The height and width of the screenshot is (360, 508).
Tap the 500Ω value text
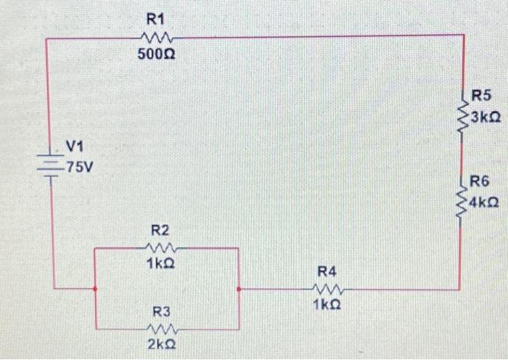click(x=155, y=54)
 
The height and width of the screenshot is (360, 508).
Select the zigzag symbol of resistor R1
click(x=155, y=36)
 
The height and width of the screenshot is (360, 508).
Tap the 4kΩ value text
click(x=483, y=202)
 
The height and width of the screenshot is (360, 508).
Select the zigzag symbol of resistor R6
click(x=462, y=197)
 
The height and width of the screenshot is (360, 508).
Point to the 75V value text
click(x=78, y=168)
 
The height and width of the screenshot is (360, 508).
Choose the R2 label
click(x=160, y=230)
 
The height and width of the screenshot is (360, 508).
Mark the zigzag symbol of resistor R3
click(x=160, y=327)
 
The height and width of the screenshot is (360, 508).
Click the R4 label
click(x=327, y=271)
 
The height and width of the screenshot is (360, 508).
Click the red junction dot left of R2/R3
click(x=95, y=289)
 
